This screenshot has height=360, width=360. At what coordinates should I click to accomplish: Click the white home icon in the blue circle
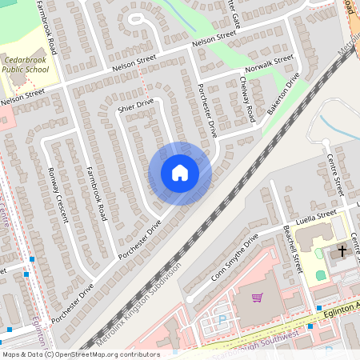(x=179, y=172)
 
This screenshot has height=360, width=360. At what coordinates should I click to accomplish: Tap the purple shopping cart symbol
(x=257, y=298)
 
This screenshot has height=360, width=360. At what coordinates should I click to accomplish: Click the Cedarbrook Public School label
(x=24, y=65)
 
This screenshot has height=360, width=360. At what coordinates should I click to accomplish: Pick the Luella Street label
(x=316, y=216)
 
